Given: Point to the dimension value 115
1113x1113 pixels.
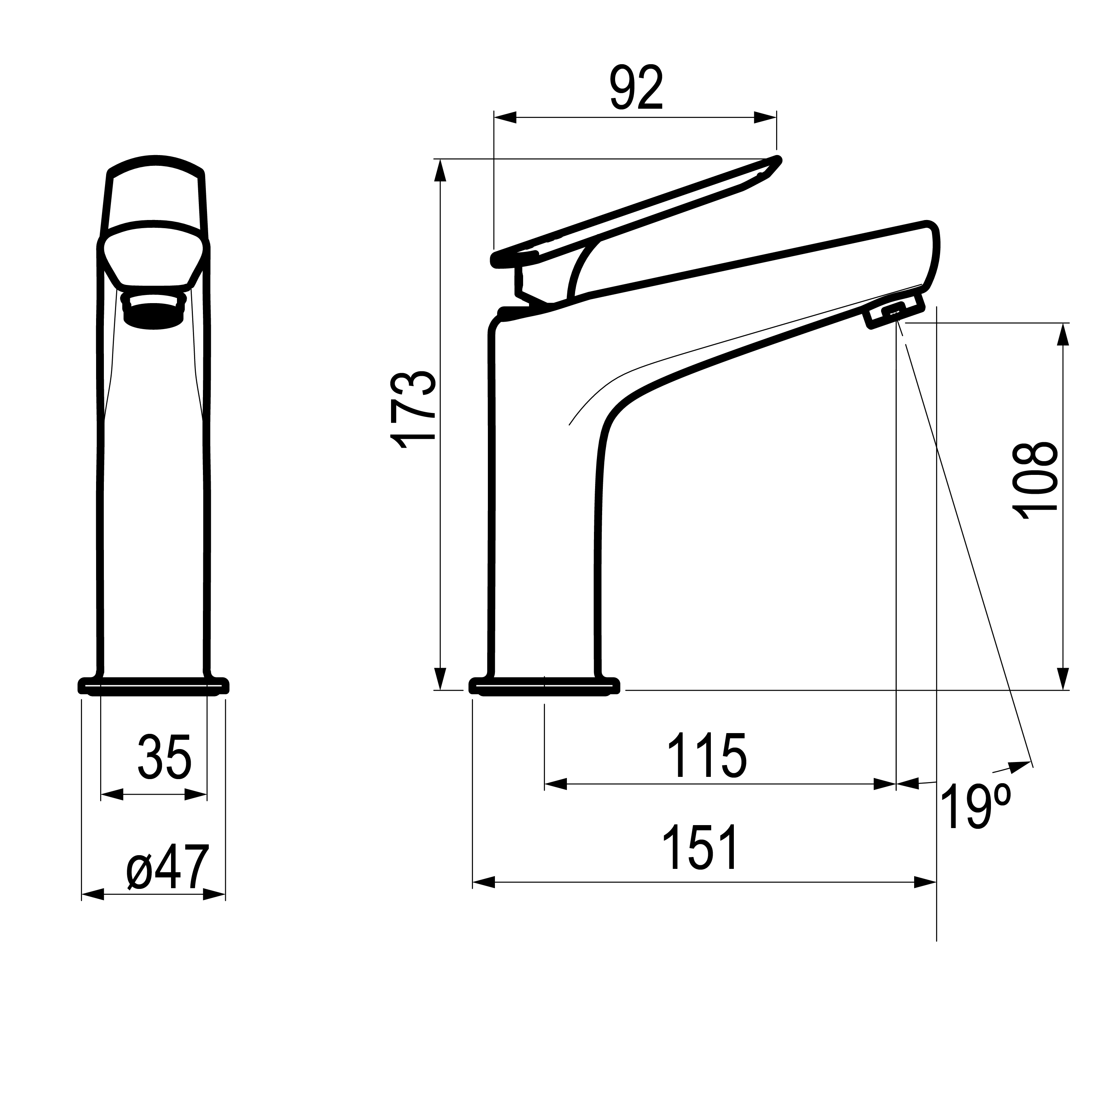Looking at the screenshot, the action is click(x=707, y=755).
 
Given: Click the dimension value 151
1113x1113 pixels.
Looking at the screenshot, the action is click(x=700, y=847).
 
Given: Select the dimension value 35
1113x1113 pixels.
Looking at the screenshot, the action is click(x=164, y=757).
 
